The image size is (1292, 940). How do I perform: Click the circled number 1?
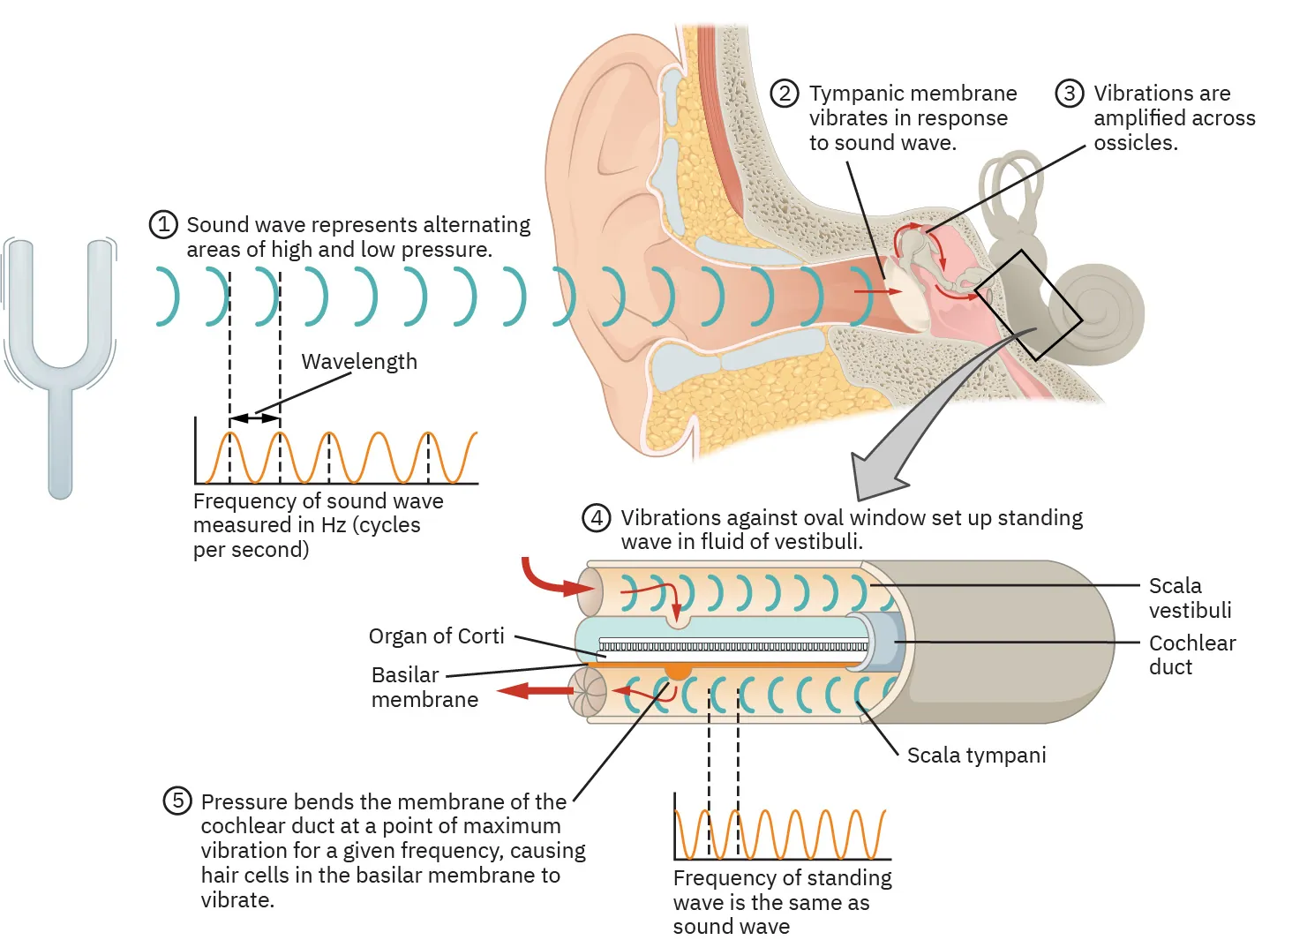(163, 225)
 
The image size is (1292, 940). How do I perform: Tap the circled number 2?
(785, 94)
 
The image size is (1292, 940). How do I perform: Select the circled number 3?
(1069, 94)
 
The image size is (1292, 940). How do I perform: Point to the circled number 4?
(597, 518)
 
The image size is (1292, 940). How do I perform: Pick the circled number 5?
(177, 801)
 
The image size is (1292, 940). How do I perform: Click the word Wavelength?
(359, 362)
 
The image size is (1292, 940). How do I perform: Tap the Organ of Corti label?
(436, 636)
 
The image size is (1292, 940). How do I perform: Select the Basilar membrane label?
(424, 688)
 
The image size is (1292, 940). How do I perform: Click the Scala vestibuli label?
(1189, 598)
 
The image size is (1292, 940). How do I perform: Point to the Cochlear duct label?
(1191, 655)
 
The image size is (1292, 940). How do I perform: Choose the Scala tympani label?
(976, 756)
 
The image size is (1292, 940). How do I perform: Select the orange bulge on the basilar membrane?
(678, 671)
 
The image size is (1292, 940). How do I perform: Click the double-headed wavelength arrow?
(254, 418)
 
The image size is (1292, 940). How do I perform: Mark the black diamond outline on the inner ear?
(1027, 305)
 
